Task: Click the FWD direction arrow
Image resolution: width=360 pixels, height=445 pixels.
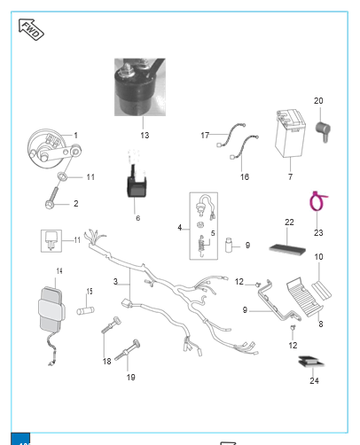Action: click(31, 29)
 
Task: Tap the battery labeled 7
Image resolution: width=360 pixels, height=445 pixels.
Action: click(290, 133)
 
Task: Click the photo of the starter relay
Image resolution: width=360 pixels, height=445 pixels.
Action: click(140, 87)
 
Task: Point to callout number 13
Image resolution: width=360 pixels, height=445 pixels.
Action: click(145, 136)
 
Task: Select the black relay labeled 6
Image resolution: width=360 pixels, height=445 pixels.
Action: click(137, 184)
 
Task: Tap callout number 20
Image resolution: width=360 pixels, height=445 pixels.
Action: click(318, 101)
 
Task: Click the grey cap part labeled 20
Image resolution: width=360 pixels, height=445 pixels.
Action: click(323, 131)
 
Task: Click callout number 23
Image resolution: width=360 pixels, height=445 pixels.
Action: click(318, 233)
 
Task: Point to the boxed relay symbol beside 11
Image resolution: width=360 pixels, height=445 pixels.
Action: click(51, 241)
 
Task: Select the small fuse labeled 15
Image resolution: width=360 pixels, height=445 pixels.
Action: click(85, 310)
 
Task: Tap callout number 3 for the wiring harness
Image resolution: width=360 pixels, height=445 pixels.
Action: click(115, 282)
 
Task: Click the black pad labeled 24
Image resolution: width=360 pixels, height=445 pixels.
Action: click(311, 362)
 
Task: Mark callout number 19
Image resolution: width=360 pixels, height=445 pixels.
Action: click(131, 378)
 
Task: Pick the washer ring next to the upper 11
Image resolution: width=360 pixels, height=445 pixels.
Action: click(62, 176)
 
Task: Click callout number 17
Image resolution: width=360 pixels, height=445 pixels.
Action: click(205, 136)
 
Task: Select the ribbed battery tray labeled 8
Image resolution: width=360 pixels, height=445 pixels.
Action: click(305, 297)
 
